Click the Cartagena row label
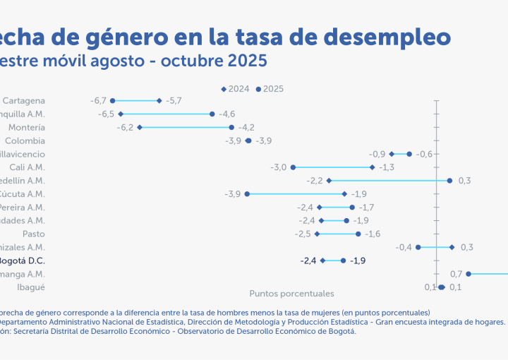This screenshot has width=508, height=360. click(x=23, y=101)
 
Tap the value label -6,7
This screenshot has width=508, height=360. click(x=98, y=101)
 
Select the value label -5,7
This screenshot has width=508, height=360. click(x=174, y=101)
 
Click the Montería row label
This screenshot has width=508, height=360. click(x=27, y=128)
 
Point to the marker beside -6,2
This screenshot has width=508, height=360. click(x=140, y=127)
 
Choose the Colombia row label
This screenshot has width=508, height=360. click(x=25, y=140)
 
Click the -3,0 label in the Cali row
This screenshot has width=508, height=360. click(x=279, y=167)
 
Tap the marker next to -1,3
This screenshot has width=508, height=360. click(x=373, y=167)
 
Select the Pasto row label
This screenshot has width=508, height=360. click(x=34, y=234)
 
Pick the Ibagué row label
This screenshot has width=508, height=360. click(x=31, y=287)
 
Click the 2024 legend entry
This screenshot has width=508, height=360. click(x=235, y=89)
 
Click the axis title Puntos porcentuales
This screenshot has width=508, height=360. click(x=291, y=293)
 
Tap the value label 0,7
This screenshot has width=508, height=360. click(x=456, y=274)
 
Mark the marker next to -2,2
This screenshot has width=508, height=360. click(x=329, y=181)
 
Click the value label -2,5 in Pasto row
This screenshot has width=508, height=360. click(x=303, y=234)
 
